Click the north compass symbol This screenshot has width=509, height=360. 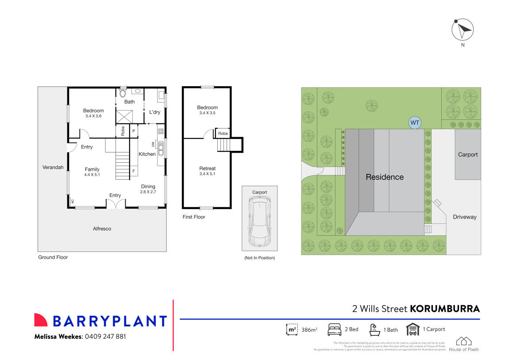(463, 30)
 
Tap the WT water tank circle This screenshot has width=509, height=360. (415, 123)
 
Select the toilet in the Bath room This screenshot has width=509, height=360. (123, 93)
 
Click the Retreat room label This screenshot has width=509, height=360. (207, 169)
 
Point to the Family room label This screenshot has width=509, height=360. (92, 169)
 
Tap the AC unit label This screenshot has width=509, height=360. (72, 201)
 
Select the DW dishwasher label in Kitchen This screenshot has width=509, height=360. (153, 145)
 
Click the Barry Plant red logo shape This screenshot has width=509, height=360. (41, 320)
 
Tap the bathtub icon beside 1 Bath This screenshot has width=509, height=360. (374, 329)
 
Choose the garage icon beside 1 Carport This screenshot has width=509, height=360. (413, 329)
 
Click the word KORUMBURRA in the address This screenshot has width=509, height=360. (445, 309)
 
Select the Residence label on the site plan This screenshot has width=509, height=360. (384, 177)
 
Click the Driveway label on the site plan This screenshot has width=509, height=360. (464, 217)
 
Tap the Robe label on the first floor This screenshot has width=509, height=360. (223, 133)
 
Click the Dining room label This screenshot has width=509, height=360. (148, 186)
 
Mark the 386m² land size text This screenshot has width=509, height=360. (309, 330)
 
